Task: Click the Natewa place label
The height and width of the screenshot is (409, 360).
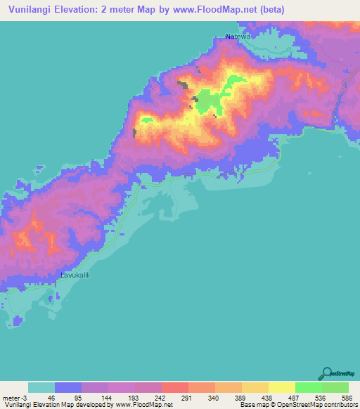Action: [x=238, y=36]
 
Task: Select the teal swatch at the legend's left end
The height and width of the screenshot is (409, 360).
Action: [x=41, y=387]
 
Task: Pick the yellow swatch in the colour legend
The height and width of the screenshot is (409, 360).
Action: [x=282, y=387]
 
